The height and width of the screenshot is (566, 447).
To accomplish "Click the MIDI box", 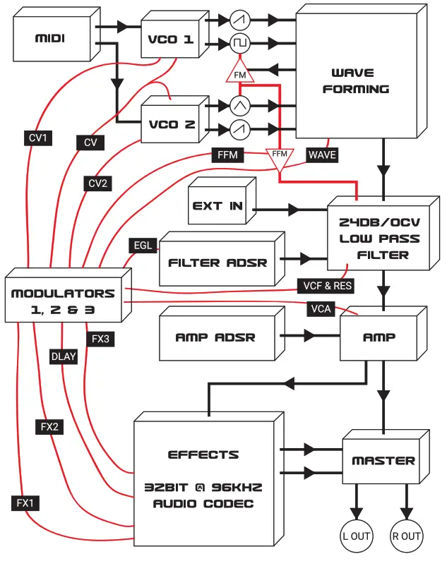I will [50, 38].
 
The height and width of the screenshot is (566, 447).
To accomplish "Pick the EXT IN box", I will [217, 206].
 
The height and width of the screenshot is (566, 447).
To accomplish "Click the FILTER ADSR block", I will [217, 263].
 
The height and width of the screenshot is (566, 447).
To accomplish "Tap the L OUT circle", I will [357, 536].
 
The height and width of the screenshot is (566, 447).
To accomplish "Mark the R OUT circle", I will [406, 536].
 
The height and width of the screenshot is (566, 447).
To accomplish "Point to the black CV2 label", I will [98, 183].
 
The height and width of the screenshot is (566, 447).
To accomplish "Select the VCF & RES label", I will [324, 286].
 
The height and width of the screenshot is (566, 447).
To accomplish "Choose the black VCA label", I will [321, 308].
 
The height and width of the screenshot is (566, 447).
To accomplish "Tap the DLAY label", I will [64, 356].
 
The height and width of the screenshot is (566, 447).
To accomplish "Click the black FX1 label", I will [25, 503].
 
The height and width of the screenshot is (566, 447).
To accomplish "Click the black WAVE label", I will [322, 155].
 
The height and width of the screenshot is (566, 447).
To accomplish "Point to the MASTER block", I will [383, 461].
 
